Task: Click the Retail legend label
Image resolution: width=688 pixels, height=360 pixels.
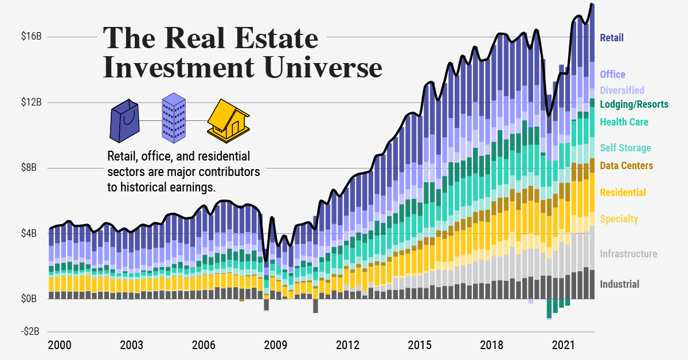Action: tap(611, 38)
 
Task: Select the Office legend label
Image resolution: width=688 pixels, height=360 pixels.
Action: tap(612, 75)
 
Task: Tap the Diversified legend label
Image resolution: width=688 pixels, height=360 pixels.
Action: tap(622, 91)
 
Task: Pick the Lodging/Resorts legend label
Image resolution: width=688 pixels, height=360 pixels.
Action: tap(634, 104)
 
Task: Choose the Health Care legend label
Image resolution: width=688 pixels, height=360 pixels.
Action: tap(624, 122)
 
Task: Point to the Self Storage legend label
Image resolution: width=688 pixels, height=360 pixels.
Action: tap(625, 148)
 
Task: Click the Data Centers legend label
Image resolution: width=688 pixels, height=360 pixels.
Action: tap(626, 166)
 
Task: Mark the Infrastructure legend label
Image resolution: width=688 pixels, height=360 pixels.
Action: tap(628, 254)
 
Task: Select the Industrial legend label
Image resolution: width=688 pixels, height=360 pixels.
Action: tap(619, 284)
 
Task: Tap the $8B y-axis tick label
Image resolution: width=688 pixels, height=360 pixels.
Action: tap(33, 168)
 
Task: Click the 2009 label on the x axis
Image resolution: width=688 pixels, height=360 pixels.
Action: tap(275, 345)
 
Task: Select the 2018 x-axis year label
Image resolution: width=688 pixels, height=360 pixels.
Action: tap(492, 345)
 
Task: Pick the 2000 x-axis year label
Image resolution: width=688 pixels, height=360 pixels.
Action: tap(60, 345)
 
